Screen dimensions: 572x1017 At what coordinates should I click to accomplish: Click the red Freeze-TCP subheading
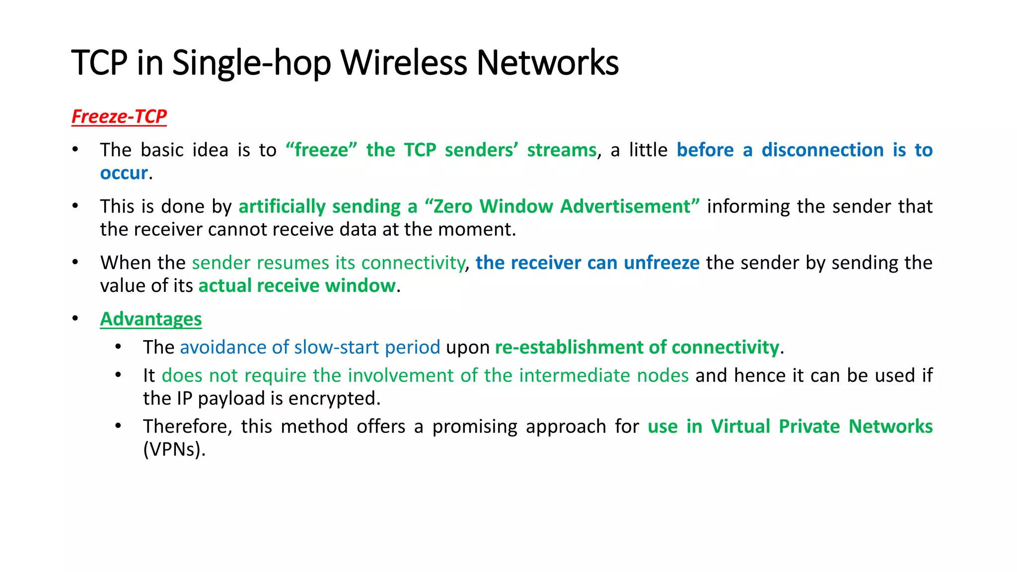(x=119, y=117)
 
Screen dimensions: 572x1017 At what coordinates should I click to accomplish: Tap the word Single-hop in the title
(x=251, y=63)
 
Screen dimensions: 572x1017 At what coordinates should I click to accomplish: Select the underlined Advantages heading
(x=151, y=319)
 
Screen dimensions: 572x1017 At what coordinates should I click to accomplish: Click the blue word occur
(x=124, y=173)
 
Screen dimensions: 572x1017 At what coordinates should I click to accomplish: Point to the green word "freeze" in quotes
(x=321, y=150)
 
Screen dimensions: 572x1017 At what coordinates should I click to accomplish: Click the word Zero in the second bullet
(x=453, y=207)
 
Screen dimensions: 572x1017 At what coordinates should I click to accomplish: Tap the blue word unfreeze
(x=661, y=263)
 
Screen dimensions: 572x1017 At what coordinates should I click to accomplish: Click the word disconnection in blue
(x=822, y=150)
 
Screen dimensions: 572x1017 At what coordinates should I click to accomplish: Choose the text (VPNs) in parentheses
(x=173, y=450)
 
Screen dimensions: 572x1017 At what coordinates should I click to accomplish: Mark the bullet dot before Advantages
(x=75, y=318)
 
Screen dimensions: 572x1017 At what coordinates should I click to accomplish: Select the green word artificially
(x=282, y=207)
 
